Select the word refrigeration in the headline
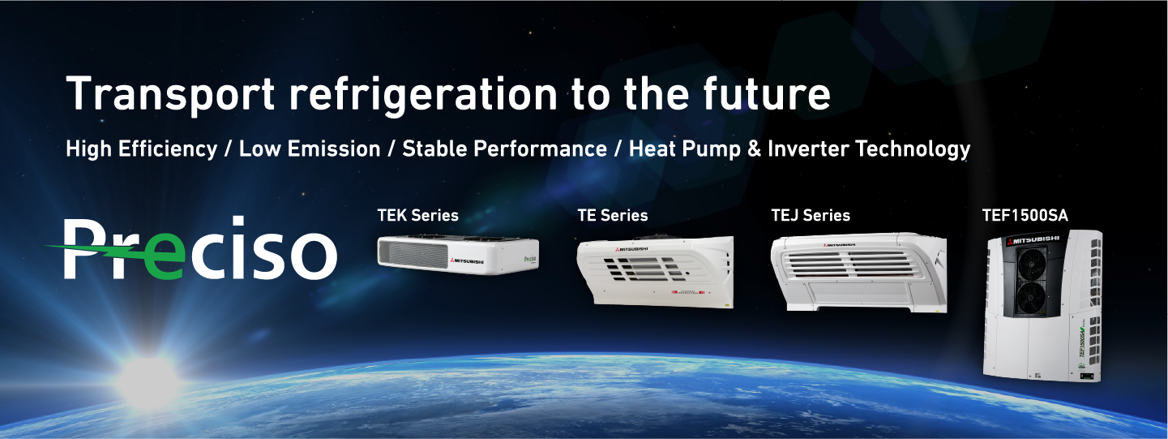click(x=422, y=96)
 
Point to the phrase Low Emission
click(x=310, y=149)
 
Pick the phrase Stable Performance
click(x=504, y=149)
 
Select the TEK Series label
click(x=417, y=216)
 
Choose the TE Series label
click(x=613, y=216)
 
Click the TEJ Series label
click(x=811, y=216)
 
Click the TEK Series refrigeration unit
click(x=458, y=252)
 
